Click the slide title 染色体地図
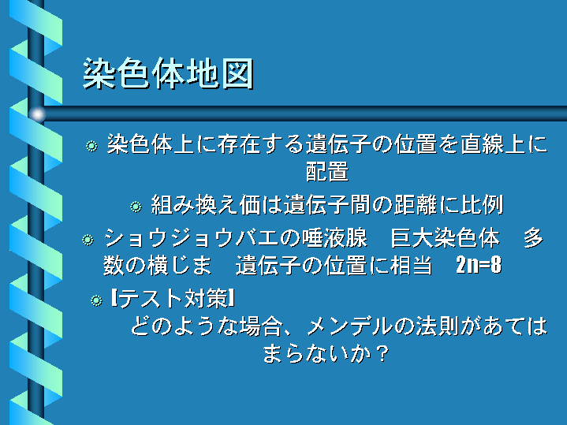click(168, 74)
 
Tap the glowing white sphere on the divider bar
click(37, 114)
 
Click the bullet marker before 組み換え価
click(136, 207)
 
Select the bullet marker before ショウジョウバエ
click(88, 240)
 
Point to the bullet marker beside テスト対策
click(96, 300)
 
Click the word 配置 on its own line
click(327, 171)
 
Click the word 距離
click(415, 205)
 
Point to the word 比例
click(482, 205)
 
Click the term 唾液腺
click(334, 238)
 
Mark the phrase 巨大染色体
click(445, 238)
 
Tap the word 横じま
click(179, 265)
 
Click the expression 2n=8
click(479, 265)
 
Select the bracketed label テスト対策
click(173, 299)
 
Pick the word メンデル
click(349, 326)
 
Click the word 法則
click(437, 326)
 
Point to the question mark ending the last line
click(382, 353)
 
